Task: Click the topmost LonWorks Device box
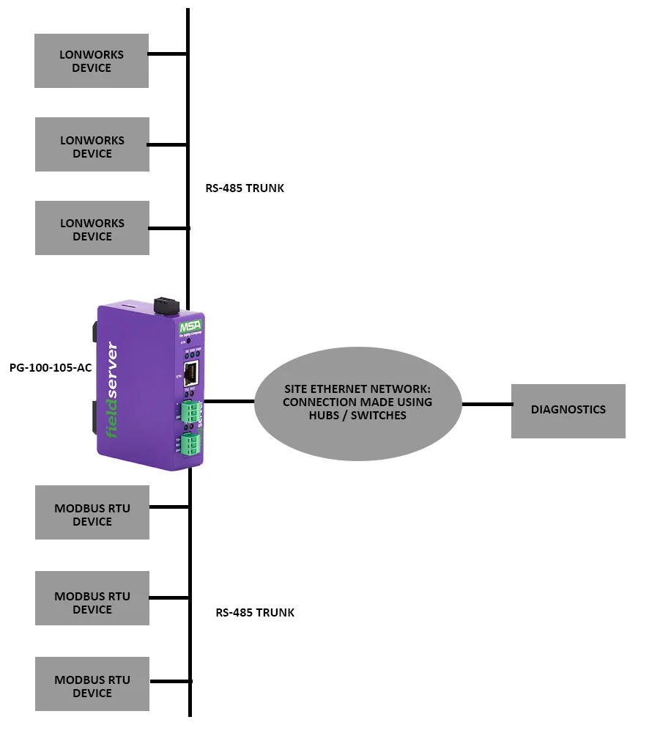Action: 92,61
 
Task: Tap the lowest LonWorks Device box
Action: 92,229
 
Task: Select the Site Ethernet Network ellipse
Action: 357,402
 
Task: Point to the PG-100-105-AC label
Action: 51,367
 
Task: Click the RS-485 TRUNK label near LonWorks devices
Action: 245,188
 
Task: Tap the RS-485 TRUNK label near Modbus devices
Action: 255,613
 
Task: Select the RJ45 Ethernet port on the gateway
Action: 190,374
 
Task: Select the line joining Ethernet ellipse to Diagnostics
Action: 486,403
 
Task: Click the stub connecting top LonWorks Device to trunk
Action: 168,54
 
